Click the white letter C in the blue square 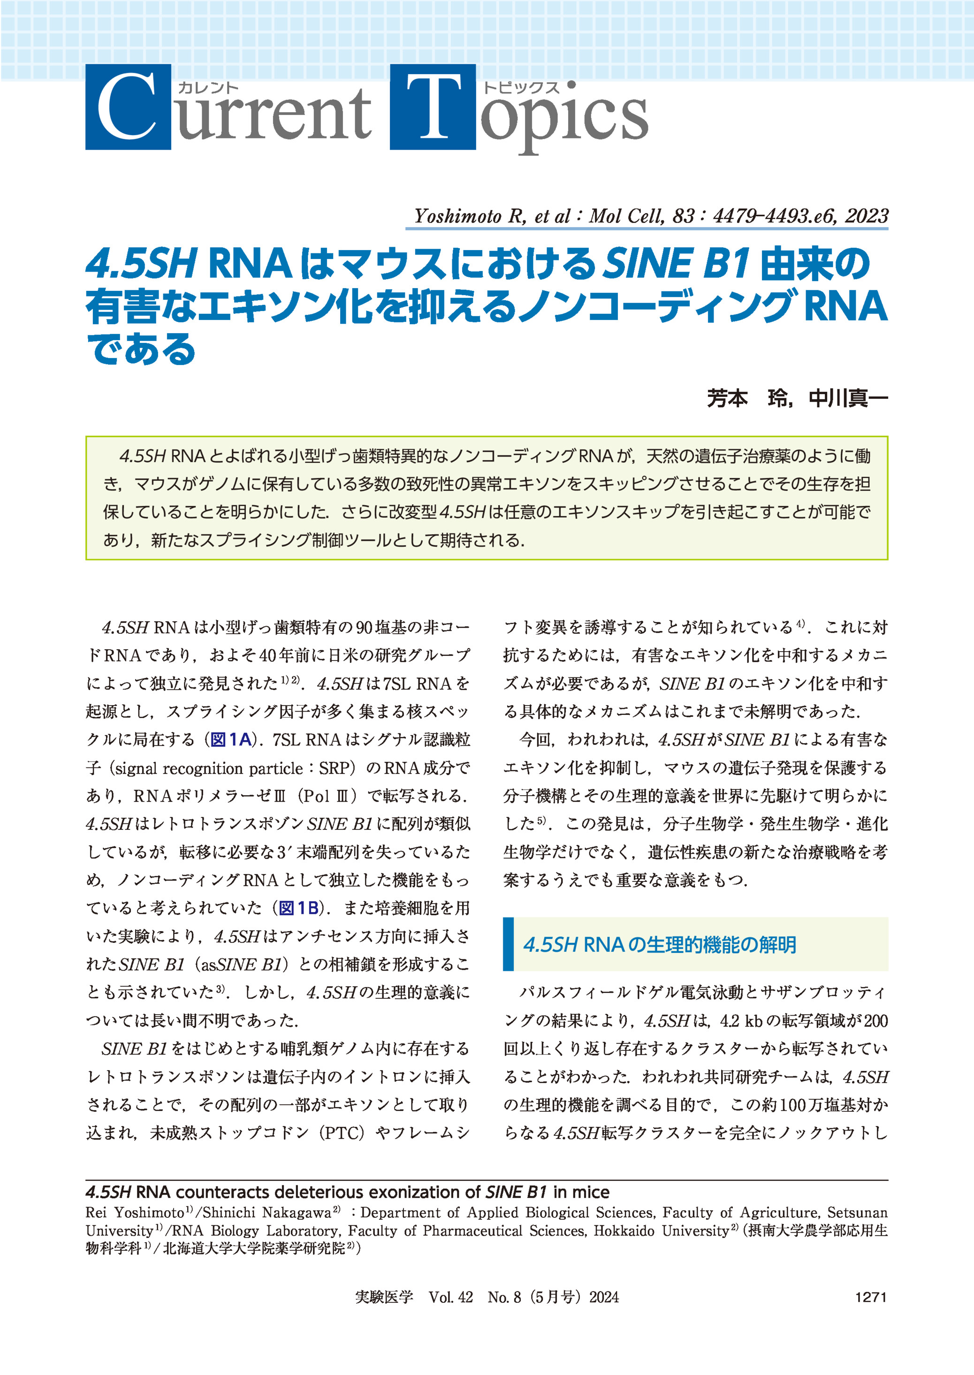click(127, 107)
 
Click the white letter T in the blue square click(433, 107)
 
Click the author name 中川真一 click(848, 398)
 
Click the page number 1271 click(870, 1297)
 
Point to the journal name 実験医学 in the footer click(384, 1297)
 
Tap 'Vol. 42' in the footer click(450, 1297)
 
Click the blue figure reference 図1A click(231, 739)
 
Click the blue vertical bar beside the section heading click(509, 944)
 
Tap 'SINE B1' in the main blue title click(676, 264)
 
